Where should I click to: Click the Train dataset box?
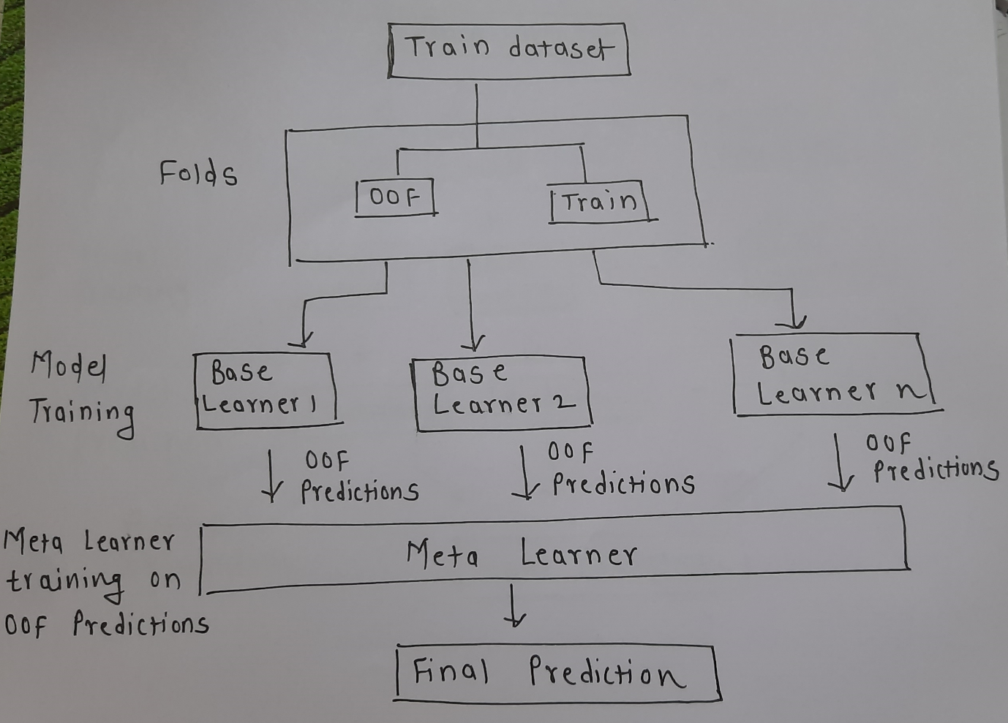pyautogui.click(x=508, y=50)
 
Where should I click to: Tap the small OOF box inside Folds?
pyautogui.click(x=395, y=197)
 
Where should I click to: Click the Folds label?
pyautogui.click(x=198, y=173)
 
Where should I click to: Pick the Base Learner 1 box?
pyautogui.click(x=266, y=388)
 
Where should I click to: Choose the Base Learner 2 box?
pyautogui.click(x=502, y=392)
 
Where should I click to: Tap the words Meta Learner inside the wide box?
pyautogui.click(x=522, y=554)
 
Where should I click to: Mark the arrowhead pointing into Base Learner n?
pyautogui.click(x=792, y=322)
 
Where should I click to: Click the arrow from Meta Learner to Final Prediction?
pyautogui.click(x=514, y=609)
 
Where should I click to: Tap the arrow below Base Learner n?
pyautogui.click(x=838, y=463)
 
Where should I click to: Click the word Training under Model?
pyautogui.click(x=82, y=415)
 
